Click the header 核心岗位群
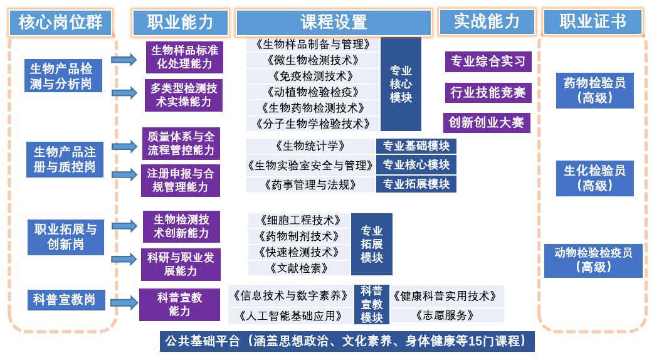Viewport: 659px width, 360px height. click(x=61, y=23)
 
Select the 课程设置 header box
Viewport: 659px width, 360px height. click(x=334, y=23)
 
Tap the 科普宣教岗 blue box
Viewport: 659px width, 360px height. click(x=66, y=300)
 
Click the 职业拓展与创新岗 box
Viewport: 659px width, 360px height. click(x=66, y=237)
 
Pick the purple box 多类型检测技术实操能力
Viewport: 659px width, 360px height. click(x=184, y=95)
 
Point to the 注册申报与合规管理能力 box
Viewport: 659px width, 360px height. click(x=181, y=181)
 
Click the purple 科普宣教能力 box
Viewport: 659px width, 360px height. click(x=179, y=304)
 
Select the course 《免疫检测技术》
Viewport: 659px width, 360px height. click(x=313, y=76)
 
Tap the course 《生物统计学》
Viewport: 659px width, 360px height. click(x=310, y=146)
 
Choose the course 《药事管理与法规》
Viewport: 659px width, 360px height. click(x=310, y=184)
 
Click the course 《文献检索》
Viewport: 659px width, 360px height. click(x=299, y=268)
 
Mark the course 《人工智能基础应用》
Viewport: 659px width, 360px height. click(x=290, y=316)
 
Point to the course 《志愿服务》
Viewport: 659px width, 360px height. click(x=446, y=315)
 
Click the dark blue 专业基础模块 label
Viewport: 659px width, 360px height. click(x=416, y=146)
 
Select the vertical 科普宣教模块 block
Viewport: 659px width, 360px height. click(x=372, y=304)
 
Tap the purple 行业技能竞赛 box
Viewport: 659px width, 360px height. click(x=488, y=93)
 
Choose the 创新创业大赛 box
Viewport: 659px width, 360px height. click(x=487, y=123)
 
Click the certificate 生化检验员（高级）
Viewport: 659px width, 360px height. click(x=594, y=178)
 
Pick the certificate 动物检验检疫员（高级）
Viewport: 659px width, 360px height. click(x=593, y=260)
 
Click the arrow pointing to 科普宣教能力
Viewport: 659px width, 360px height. click(x=124, y=302)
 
